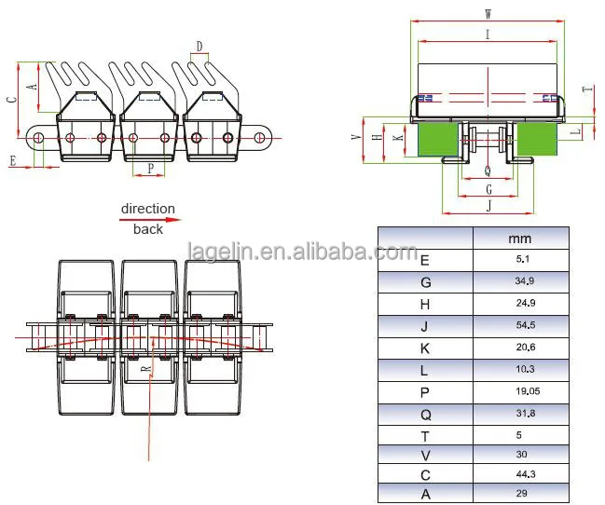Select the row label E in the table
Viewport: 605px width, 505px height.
[x=425, y=261]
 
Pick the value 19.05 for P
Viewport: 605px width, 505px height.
[x=520, y=394]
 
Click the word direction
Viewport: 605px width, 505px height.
[x=147, y=209]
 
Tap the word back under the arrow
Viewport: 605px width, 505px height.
[x=147, y=229]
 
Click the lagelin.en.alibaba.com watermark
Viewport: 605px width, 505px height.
[x=302, y=252]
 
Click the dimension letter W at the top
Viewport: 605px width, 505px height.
[x=488, y=13]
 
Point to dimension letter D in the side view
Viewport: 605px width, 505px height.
[x=199, y=46]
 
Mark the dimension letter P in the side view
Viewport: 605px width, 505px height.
[x=150, y=170]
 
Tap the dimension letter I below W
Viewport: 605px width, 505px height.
[x=488, y=34]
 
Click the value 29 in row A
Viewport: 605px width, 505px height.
[x=520, y=494]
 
